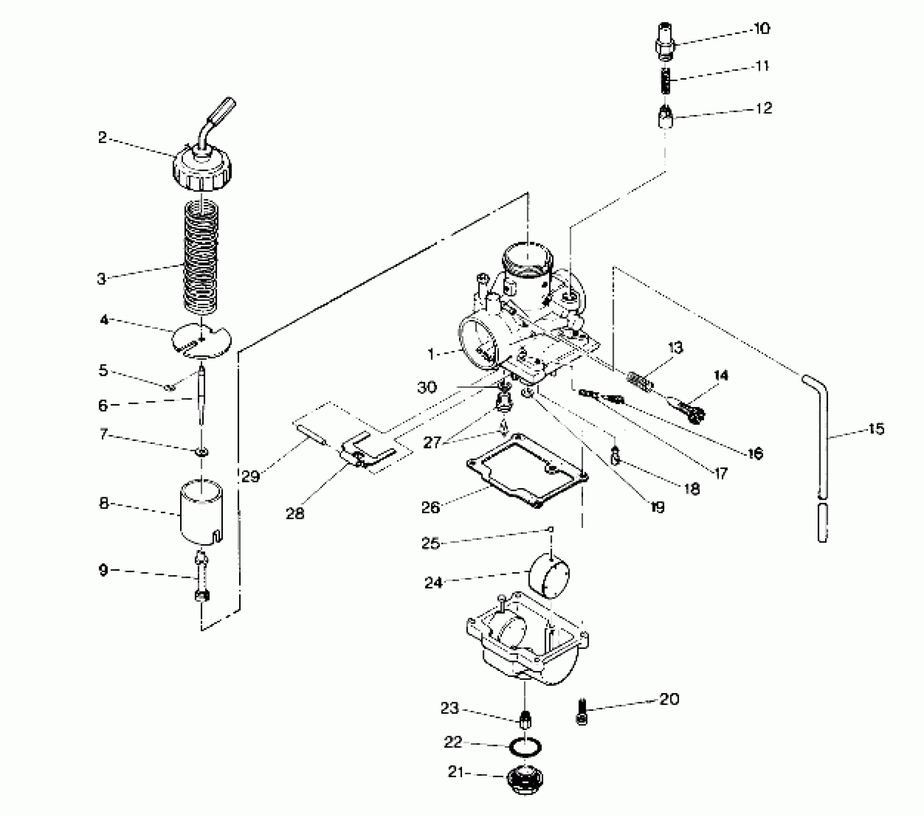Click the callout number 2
pyautogui.click(x=102, y=138)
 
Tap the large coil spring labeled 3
pyautogui.click(x=202, y=257)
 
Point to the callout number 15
pyautogui.click(x=876, y=429)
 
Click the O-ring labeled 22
pyautogui.click(x=526, y=747)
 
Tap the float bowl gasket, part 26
pyautogui.click(x=528, y=470)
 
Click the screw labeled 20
pyautogui.click(x=582, y=712)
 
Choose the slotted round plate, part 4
pyautogui.click(x=202, y=340)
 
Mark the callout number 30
pyautogui.click(x=427, y=387)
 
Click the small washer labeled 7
pyautogui.click(x=202, y=452)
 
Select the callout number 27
pyautogui.click(x=432, y=442)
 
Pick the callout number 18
pyautogui.click(x=692, y=489)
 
